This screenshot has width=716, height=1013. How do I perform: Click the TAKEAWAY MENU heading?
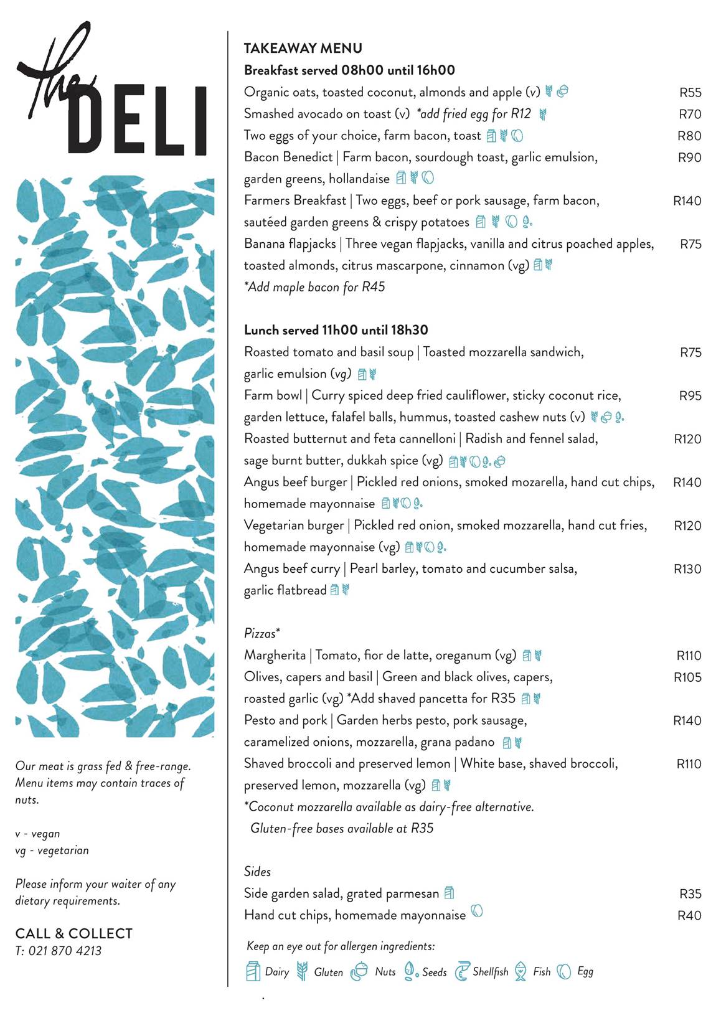tap(303, 49)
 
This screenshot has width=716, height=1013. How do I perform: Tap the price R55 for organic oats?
tap(690, 93)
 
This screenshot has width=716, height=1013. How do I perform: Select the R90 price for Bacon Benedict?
tap(689, 158)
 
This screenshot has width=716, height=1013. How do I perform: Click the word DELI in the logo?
tap(136, 121)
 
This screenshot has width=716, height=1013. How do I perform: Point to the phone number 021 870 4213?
tap(65, 951)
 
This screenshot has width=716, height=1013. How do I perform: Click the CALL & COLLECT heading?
tap(74, 933)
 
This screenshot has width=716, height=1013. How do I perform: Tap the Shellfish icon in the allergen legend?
tap(461, 971)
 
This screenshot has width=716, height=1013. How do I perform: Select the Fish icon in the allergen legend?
tap(520, 971)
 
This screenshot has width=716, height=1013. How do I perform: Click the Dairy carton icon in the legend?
tap(253, 971)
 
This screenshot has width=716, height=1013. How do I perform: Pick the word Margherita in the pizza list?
tap(275, 656)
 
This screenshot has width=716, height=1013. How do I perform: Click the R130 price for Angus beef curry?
tap(687, 569)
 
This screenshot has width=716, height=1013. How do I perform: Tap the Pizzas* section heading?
tap(261, 634)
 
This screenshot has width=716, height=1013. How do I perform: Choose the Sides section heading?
tap(257, 872)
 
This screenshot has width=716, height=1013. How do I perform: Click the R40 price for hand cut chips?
tap(689, 915)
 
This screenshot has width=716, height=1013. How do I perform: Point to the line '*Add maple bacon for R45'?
tap(314, 287)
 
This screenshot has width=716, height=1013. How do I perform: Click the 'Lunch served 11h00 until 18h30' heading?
tap(336, 330)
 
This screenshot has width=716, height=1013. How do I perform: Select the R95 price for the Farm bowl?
tap(690, 396)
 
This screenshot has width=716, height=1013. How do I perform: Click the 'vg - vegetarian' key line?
tap(52, 850)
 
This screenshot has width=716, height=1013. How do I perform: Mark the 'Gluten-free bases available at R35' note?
tap(341, 829)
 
